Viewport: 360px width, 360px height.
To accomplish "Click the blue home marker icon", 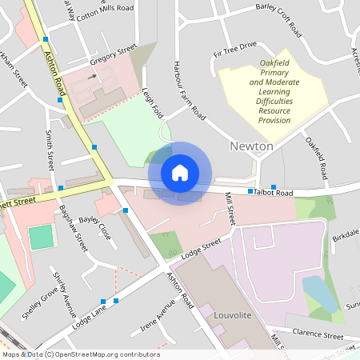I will [x=180, y=172].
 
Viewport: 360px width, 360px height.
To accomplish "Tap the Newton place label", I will [x=251, y=146].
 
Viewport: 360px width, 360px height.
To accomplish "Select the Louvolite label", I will [x=234, y=315].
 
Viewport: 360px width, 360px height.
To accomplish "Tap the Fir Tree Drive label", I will [x=234, y=50].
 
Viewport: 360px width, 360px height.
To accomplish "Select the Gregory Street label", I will [x=114, y=56].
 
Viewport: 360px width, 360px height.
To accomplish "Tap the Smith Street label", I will [x=50, y=150].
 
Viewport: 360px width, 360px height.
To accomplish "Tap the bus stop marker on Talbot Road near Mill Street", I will [x=250, y=192].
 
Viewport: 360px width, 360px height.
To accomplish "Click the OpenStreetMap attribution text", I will [x=80, y=354].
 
